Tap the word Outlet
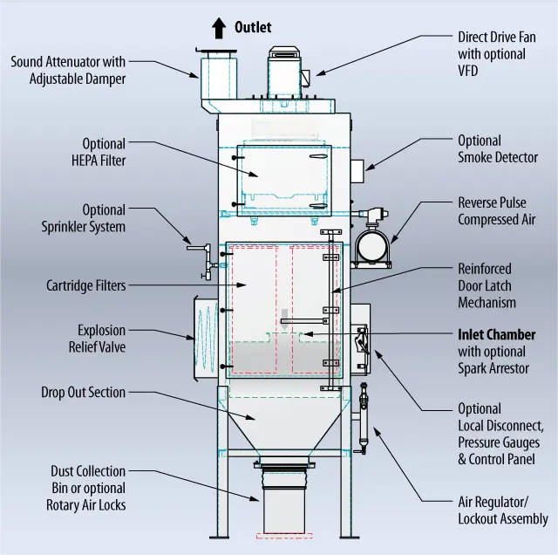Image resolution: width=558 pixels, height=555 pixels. [253, 28]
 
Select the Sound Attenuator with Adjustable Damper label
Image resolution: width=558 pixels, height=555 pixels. [68, 70]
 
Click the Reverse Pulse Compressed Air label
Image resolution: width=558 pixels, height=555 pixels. [496, 211]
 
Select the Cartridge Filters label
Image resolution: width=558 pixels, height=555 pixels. [85, 285]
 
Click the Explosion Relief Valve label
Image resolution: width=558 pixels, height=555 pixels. [101, 339]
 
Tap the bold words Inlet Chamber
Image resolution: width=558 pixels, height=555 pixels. [497, 335]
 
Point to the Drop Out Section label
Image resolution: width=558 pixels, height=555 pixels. [83, 393]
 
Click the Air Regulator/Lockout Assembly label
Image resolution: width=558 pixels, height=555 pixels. [503, 510]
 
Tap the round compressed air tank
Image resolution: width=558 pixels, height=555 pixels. [370, 242]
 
